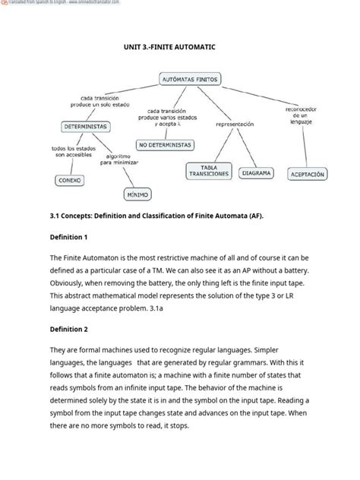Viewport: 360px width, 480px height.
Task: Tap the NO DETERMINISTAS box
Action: tap(165, 144)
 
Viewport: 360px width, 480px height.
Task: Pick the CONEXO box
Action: tap(70, 180)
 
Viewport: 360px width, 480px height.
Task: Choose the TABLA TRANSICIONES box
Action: tap(208, 171)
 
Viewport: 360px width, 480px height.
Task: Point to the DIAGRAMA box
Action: tap(257, 172)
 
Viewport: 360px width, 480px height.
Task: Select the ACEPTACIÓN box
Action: tap(307, 174)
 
